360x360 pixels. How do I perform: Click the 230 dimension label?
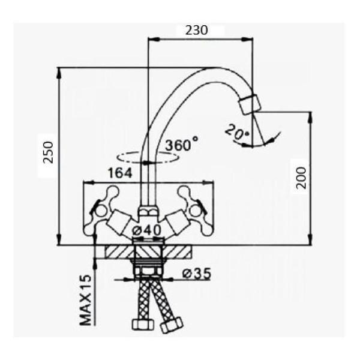click(196, 31)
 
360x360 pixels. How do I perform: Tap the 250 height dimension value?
click(49, 152)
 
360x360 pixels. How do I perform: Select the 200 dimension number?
click(301, 178)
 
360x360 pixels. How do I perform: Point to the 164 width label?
click(120, 173)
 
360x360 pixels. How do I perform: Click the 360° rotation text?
click(182, 144)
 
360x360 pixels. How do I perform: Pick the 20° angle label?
click(237, 131)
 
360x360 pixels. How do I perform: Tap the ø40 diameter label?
click(147, 230)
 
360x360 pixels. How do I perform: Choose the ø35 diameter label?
click(196, 274)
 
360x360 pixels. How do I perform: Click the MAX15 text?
click(85, 300)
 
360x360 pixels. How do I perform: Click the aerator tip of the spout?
click(250, 104)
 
